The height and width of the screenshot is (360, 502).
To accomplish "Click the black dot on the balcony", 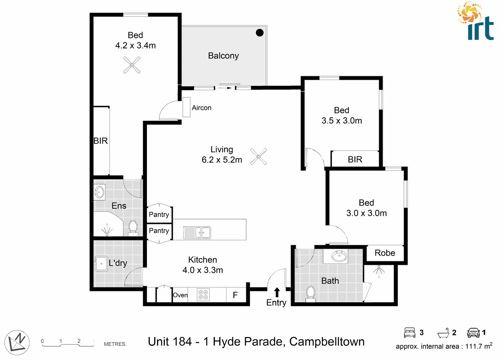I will point(260,32).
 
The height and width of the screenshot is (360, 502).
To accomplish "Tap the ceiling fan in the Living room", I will point(259,156).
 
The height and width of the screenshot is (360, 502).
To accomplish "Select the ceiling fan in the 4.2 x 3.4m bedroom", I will point(132,65).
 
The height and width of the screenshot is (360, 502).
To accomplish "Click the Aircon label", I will point(201,108).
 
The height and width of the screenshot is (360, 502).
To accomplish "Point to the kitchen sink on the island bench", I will point(197,232).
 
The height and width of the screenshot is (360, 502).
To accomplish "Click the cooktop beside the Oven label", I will point(203,295).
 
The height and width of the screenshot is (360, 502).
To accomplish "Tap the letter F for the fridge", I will point(235,295).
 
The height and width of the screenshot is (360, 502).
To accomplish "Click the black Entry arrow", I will point(277,292).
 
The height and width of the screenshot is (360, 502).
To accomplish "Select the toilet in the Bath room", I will point(311,294).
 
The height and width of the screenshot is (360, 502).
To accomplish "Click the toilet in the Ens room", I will point(133,227).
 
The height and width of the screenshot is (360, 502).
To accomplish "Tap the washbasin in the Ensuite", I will point(99,192).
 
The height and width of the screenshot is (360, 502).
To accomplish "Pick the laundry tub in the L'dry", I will point(101,263).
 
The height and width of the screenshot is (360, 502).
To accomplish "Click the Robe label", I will point(385,253).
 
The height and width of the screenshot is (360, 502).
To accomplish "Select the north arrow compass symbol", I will point(17,342).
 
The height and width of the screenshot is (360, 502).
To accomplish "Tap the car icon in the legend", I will point(473,332).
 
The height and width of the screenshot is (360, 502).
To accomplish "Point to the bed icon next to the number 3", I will point(410,332).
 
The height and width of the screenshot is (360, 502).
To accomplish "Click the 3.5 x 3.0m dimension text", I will point(342,121).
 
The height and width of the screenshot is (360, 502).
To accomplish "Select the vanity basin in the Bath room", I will point(339,257).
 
